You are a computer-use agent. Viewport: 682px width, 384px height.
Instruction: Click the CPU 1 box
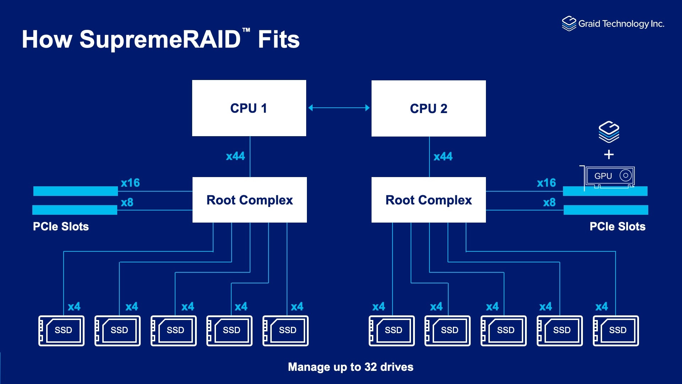tap(249, 108)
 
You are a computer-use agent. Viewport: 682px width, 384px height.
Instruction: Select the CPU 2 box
tap(428, 108)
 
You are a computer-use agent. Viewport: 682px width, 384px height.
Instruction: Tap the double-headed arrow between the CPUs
tap(339, 108)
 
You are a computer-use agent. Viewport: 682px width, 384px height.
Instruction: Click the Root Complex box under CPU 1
tap(249, 200)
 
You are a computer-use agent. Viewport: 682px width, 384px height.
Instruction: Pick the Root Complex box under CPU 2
tap(428, 200)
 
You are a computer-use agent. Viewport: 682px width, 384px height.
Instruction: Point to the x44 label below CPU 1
tap(235, 156)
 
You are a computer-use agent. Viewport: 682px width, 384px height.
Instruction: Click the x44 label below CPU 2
tap(443, 156)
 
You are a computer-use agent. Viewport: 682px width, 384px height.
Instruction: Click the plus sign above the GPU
tap(609, 155)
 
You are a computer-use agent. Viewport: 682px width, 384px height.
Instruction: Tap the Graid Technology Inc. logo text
tap(621, 24)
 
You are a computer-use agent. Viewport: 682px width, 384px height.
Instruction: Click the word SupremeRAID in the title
tap(160, 39)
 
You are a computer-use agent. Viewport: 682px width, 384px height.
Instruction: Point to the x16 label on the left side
tap(130, 183)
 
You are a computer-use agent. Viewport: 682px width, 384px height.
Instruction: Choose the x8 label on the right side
tap(549, 202)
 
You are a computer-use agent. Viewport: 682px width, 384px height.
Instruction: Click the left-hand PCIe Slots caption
tap(61, 226)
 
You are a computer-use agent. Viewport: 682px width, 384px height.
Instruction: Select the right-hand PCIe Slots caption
tap(617, 226)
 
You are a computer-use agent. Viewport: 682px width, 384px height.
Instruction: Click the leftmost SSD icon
tap(61, 331)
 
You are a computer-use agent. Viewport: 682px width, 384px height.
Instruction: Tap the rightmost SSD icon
tap(616, 331)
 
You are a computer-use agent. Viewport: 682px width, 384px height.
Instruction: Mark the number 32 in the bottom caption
tap(370, 367)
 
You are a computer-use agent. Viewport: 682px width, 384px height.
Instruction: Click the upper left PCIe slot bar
tap(75, 191)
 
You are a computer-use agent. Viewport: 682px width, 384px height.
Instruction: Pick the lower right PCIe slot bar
tap(606, 210)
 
